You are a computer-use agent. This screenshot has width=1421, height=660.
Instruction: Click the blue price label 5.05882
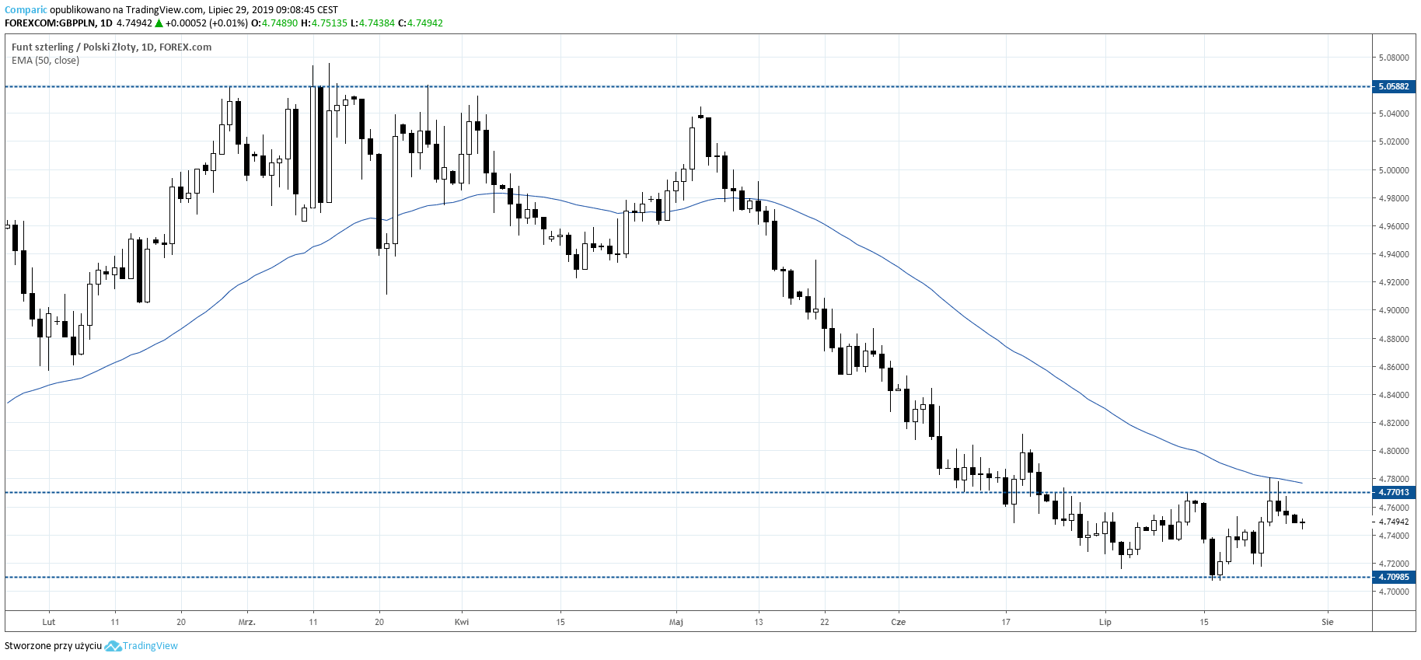coord(1393,86)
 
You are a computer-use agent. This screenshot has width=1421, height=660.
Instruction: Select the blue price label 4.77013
coord(1393,492)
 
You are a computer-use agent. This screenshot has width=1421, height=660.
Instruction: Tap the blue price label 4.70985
coord(1393,577)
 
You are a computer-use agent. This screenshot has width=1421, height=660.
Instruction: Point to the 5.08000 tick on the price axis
coord(1393,58)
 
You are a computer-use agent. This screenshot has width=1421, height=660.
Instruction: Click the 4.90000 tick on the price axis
coord(1393,310)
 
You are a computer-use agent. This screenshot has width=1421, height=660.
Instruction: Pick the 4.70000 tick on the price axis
coord(1393,592)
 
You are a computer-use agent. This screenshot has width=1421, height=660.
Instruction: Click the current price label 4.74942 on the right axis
coord(1393,522)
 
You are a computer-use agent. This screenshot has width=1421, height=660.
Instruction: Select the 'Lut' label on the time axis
coord(49,622)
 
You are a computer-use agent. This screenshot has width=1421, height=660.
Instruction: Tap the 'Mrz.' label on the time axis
coord(247,622)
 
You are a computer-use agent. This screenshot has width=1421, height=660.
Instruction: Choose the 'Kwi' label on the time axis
coord(462,622)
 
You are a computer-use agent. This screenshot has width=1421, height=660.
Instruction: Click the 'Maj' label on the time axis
coord(676,622)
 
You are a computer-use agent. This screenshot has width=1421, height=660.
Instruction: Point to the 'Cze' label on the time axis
coord(899,622)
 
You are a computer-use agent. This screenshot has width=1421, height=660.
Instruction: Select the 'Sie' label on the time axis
coord(1328,622)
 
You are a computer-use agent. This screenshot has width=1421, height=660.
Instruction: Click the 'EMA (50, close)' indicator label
coord(45,61)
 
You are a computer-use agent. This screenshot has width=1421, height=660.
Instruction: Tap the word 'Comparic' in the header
coord(26,10)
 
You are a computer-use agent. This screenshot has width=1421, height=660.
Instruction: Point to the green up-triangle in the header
coord(159,23)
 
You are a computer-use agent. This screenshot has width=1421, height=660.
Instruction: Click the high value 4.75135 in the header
coord(330,23)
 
